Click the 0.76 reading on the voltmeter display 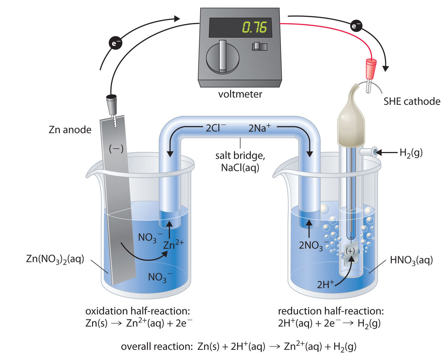(254, 27)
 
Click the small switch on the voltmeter (259, 46)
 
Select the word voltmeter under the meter (240, 94)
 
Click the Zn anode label (70, 130)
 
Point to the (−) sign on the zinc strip (116, 149)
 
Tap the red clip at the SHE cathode (371, 69)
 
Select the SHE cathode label (412, 101)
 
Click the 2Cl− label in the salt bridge (216, 128)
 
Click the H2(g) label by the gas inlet (411, 153)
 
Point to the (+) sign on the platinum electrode (350, 251)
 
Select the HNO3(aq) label (411, 260)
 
